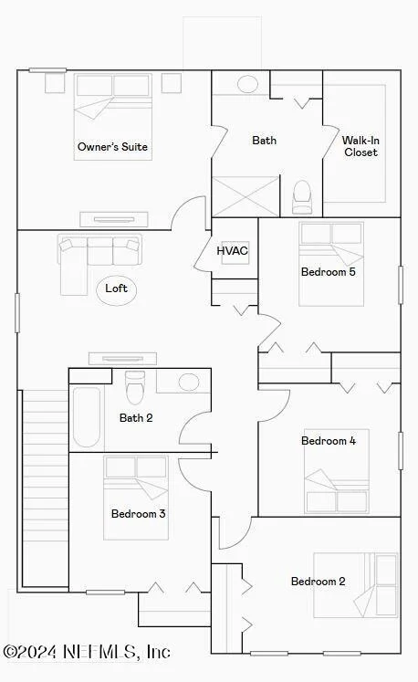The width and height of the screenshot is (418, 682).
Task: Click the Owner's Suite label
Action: point(112,147)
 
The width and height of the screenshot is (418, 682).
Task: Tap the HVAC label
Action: point(232,250)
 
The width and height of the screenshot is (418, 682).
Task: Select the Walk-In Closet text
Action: point(361,146)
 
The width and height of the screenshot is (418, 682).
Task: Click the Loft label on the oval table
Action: point(116,288)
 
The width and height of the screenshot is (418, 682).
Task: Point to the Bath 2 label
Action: point(136,418)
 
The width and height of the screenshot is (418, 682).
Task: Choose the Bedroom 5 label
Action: point(329,272)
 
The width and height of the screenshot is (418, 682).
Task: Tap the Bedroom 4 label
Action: point(329,441)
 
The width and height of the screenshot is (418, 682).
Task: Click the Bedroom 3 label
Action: point(139,514)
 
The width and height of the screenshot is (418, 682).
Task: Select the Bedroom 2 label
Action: point(318,582)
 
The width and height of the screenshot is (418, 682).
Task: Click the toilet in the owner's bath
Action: point(302,197)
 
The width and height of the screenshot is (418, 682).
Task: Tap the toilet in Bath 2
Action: point(135,387)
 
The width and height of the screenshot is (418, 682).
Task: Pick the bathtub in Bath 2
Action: point(87,416)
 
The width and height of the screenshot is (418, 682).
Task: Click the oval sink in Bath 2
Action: point(189,383)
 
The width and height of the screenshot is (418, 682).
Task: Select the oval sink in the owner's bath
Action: point(247,84)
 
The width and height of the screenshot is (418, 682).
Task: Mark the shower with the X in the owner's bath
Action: point(246,196)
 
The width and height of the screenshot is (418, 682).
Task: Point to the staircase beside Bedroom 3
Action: point(46,488)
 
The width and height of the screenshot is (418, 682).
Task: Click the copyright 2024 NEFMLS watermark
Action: point(87,652)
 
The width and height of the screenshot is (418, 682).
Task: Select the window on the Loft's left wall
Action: point(17,313)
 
